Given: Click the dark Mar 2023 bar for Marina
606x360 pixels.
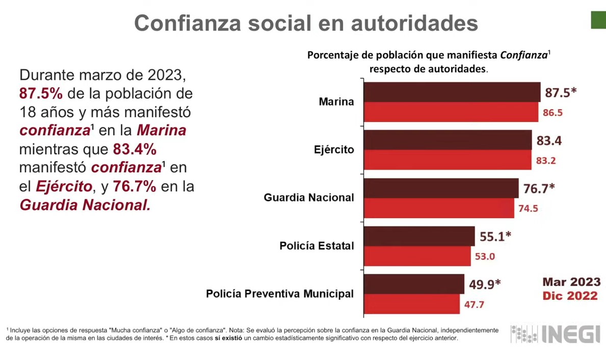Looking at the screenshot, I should click(x=452, y=92).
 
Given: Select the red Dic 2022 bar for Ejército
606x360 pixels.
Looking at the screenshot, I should click(x=447, y=160).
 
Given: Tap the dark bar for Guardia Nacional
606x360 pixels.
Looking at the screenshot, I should click(x=441, y=188).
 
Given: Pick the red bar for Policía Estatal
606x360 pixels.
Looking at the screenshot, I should click(x=417, y=256).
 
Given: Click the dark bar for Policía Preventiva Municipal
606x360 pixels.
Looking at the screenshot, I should click(x=414, y=284).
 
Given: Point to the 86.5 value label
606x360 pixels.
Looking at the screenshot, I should click(x=552, y=113).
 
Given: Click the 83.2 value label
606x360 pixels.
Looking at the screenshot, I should click(x=546, y=161).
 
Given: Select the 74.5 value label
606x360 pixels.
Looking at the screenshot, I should click(x=528, y=209).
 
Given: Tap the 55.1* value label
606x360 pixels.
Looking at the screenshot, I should click(x=495, y=237).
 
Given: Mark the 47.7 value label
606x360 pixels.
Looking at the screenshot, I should click(x=474, y=305).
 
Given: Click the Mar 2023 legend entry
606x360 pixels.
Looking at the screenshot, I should click(x=571, y=282).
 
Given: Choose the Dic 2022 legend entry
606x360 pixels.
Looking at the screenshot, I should click(x=570, y=296).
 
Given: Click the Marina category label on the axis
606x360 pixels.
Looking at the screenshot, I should click(x=336, y=101).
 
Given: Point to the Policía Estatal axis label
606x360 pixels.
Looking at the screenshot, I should click(x=317, y=246).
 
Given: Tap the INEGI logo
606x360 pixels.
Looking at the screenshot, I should click(x=555, y=335).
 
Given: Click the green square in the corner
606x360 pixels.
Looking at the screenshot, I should click(x=598, y=20).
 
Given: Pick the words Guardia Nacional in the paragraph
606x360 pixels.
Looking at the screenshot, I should click(x=85, y=205).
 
